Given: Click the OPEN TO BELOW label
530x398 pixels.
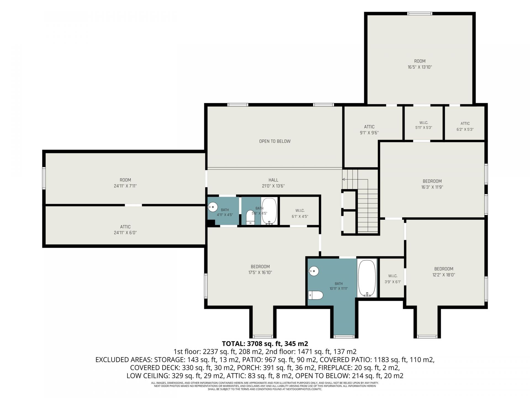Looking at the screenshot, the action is coord(275,141).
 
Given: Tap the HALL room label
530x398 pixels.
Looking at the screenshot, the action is coord(273,180).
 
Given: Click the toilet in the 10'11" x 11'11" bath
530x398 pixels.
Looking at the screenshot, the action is coord(316,295).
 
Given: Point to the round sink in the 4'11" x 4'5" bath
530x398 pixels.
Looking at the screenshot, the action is coord(212,206).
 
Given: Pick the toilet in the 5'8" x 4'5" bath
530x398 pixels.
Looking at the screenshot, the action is coord(250,217).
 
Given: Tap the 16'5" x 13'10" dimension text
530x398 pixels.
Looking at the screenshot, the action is coord(420,67).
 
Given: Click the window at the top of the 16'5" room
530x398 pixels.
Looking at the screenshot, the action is coord(420,14).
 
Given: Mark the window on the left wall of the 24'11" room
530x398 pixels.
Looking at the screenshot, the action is coord(44,178).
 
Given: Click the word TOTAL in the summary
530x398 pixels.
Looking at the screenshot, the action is coord(232,344).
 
